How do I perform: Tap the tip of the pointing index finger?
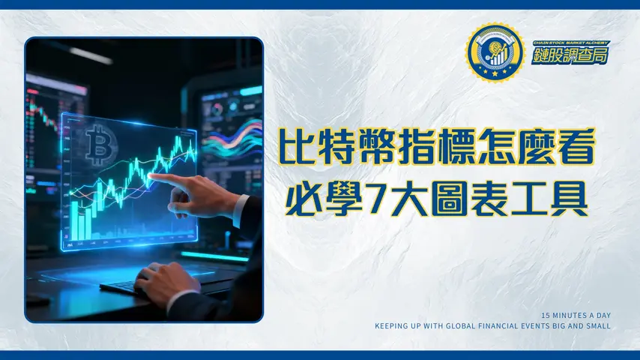[153, 176]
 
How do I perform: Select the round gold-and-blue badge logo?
[492, 53]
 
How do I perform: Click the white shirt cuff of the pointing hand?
[241, 209]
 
